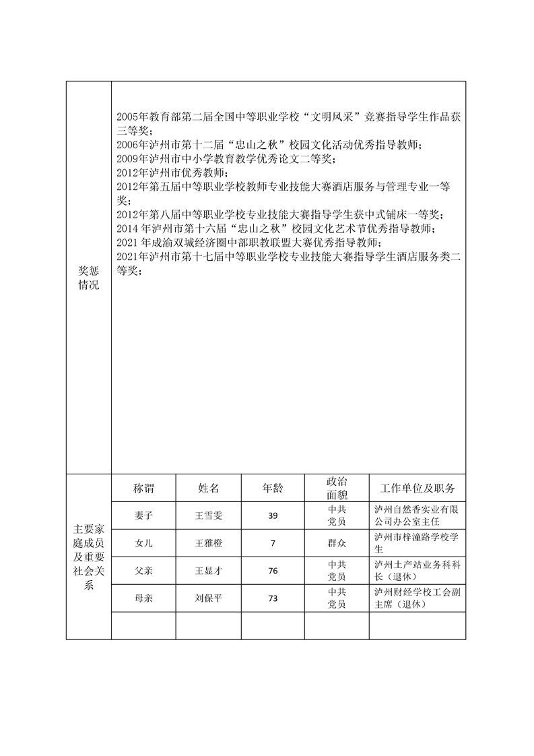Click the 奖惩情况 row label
point(88,278)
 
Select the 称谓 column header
point(143,488)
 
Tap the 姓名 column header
point(208,488)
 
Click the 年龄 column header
point(272,488)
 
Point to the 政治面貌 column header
point(336,488)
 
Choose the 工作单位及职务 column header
point(417,488)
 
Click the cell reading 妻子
point(143,515)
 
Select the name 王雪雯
point(208,515)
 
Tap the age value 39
point(272,515)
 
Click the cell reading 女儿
point(143,543)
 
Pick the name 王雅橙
point(208,543)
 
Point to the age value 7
point(272,543)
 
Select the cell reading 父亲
point(143,571)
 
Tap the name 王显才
point(208,571)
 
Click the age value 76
point(272,571)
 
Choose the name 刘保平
point(208,598)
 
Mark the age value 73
point(272,598)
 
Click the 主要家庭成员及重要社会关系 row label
point(88,557)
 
